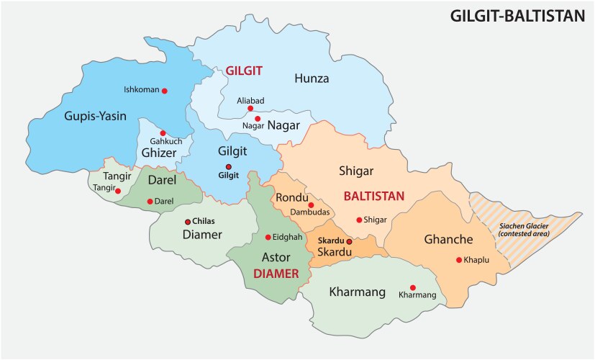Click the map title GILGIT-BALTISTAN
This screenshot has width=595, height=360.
(x=517, y=15)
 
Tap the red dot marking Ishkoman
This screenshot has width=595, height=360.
(x=165, y=91)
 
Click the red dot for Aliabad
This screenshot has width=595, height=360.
(x=250, y=109)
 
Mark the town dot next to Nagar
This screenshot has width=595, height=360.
(x=257, y=118)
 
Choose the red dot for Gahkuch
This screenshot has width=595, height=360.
(x=163, y=132)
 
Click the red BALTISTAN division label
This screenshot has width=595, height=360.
(x=374, y=195)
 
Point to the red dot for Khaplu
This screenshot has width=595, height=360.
(x=459, y=260)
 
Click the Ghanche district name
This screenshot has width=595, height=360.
(x=448, y=239)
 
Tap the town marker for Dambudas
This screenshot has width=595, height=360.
(x=311, y=204)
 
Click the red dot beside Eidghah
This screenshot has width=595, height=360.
(x=268, y=237)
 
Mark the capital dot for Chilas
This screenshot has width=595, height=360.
(x=188, y=222)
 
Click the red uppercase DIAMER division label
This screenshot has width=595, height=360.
(x=275, y=274)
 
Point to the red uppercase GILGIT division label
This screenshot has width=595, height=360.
(x=245, y=71)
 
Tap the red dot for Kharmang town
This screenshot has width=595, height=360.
(x=412, y=286)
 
